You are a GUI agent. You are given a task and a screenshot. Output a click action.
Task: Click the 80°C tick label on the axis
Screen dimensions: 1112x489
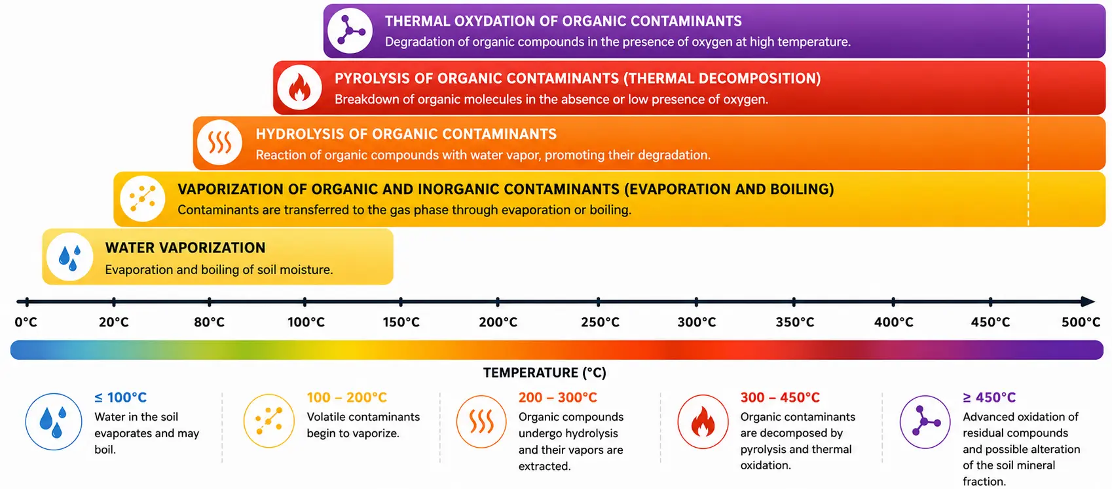209,322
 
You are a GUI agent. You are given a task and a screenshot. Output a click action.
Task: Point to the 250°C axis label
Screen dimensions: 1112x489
600,322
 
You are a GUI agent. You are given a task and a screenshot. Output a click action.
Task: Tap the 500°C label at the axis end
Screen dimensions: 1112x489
1081,322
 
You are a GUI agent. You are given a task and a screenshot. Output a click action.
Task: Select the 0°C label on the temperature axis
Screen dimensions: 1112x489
26,322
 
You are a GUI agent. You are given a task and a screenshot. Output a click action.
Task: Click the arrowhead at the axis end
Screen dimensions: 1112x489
1088,301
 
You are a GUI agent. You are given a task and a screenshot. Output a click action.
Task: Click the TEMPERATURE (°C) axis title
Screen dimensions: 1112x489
545,373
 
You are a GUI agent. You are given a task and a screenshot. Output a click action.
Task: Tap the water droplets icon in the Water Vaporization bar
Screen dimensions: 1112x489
69,257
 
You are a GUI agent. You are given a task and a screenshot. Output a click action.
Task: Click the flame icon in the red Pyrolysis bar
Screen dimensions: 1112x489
299,87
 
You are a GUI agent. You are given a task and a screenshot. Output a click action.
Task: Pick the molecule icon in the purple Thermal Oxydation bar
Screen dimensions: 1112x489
350,31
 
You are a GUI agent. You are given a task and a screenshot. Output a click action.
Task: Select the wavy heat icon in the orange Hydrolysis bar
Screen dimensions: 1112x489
219,143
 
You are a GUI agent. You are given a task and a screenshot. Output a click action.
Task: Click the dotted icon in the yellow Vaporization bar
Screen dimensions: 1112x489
143,198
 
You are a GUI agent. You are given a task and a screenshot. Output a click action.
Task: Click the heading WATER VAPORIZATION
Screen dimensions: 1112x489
185,248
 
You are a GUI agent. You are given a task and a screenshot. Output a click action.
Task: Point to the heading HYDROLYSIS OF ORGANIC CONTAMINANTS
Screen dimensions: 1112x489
406,134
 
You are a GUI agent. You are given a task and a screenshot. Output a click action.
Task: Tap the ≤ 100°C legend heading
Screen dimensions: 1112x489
120,398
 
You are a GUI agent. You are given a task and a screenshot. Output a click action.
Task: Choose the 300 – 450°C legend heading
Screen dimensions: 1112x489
780,398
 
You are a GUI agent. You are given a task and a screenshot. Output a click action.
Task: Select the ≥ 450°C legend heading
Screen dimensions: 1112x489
990,398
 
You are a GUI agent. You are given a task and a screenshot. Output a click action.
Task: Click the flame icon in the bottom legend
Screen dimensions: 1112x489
703,421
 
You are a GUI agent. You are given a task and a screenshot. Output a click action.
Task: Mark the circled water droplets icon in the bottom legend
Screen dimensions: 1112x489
54,421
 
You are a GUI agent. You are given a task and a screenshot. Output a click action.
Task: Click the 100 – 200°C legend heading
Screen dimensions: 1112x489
346,398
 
